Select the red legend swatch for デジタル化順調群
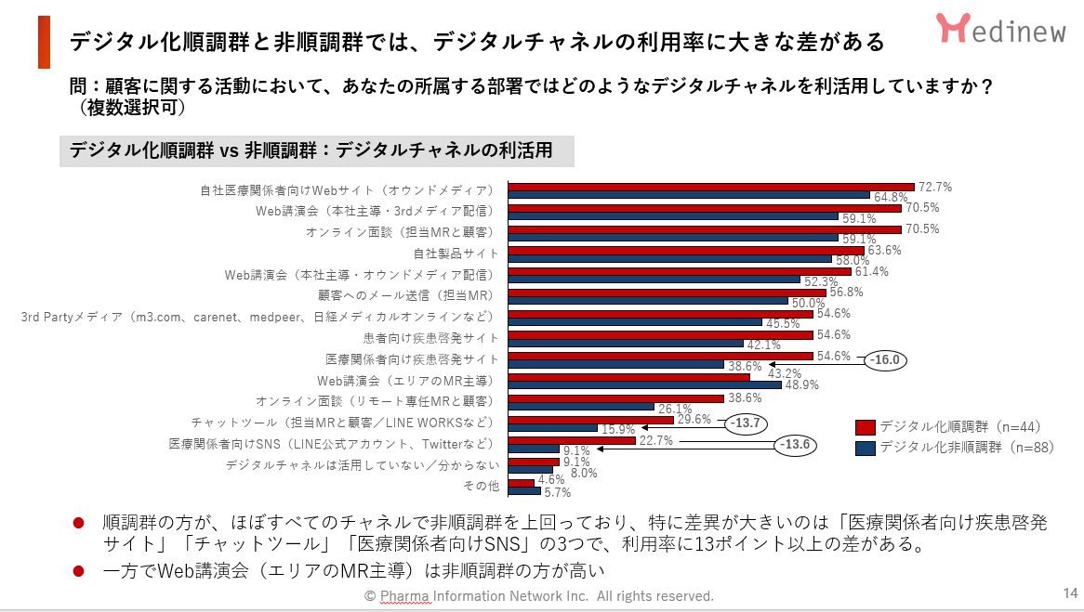coord(865,427)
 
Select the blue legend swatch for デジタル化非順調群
coord(865,449)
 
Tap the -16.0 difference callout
coord(885,359)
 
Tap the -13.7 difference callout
coord(747,423)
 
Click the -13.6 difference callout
coord(796,445)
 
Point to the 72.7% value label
coord(934,187)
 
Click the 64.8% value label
coord(891,197)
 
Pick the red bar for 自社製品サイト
coord(686,250)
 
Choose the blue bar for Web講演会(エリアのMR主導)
coord(645,385)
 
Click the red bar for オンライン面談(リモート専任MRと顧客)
coord(615,398)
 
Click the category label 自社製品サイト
coord(456,253)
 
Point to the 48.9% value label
coord(802,384)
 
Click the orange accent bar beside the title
coord(44,42)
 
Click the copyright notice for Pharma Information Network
coord(539,596)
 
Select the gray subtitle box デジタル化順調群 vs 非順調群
coord(316,150)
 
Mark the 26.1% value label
coord(675,408)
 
